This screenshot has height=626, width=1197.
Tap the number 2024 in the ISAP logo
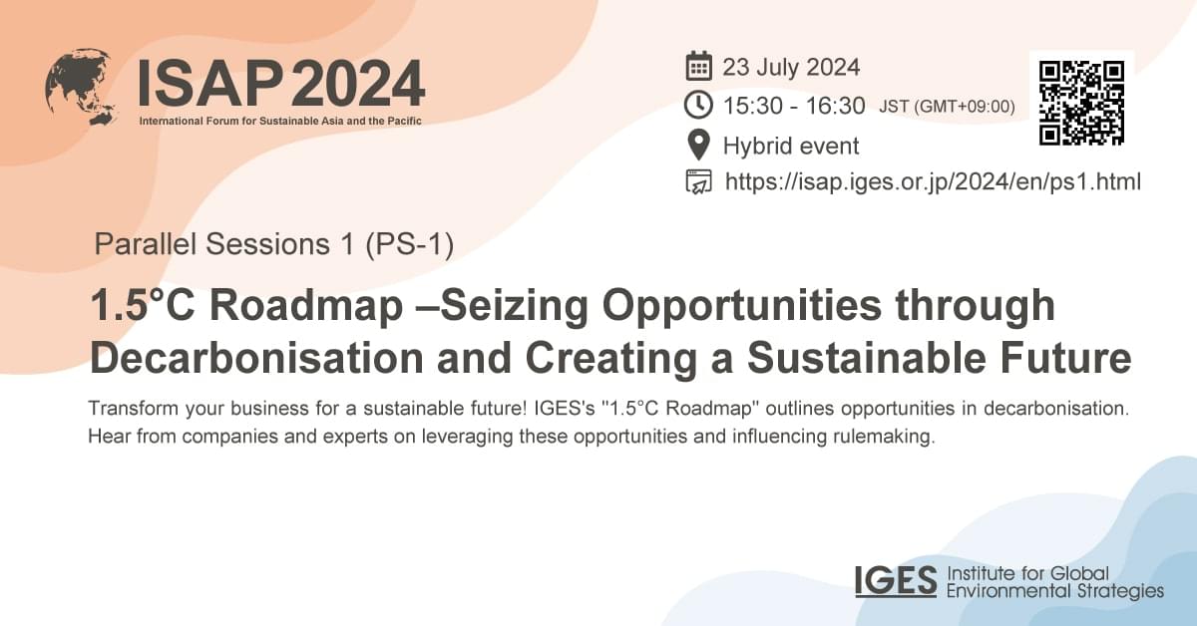(x=358, y=84)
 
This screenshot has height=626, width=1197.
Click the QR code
(x=1081, y=103)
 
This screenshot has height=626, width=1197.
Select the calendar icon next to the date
(x=699, y=68)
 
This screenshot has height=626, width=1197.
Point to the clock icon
(x=699, y=105)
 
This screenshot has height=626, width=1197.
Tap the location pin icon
(x=699, y=146)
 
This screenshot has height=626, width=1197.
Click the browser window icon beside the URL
(x=699, y=182)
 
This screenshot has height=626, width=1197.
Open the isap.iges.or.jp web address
(x=933, y=182)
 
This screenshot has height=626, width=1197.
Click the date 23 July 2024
(x=791, y=68)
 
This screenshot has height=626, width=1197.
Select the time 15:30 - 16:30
(x=795, y=106)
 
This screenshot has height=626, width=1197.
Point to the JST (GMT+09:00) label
(x=947, y=107)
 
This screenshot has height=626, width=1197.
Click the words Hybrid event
(x=791, y=147)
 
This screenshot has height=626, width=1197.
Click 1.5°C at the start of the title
(x=141, y=306)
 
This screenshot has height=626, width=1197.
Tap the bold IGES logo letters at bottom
(x=896, y=581)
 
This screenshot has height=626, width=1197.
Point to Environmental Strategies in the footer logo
(x=1054, y=591)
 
